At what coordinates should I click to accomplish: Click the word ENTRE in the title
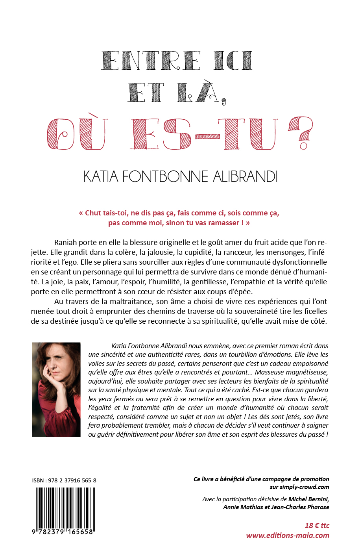(151, 61)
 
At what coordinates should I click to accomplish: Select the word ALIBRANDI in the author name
(245, 176)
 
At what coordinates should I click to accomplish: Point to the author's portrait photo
(56, 389)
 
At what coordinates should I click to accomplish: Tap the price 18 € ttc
(317, 525)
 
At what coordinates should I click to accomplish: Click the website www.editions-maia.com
(288, 535)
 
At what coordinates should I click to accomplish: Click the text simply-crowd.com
(304, 487)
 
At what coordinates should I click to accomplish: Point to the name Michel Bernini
(308, 499)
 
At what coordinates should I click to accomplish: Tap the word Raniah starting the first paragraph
(66, 242)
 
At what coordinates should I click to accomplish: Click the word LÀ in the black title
(197, 93)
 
